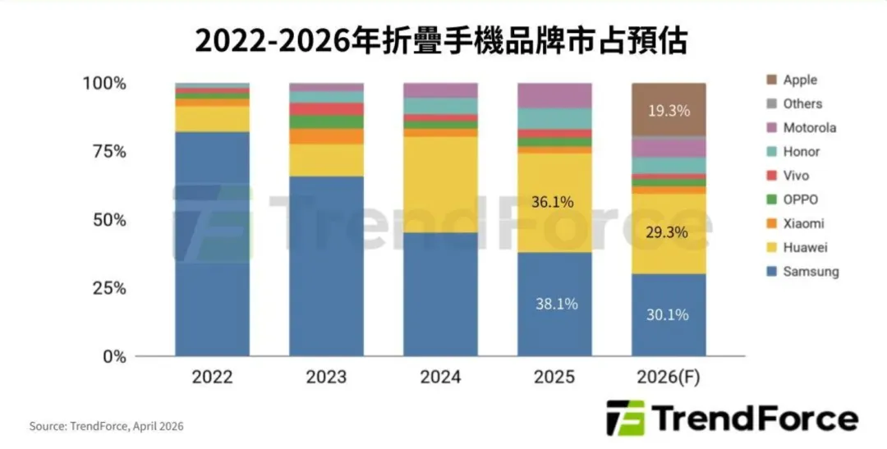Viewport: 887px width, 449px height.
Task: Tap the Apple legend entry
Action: click(x=799, y=80)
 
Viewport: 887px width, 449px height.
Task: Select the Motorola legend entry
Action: click(x=809, y=127)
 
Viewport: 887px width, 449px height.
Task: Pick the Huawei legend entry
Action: click(x=804, y=247)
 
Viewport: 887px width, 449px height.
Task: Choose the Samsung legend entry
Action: click(x=810, y=271)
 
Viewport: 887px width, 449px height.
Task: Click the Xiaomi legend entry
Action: click(x=803, y=223)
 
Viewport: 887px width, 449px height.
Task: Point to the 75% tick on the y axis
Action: click(x=103, y=152)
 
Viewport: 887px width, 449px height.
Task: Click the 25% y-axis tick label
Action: click(x=103, y=288)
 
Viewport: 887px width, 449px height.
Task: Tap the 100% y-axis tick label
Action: click(x=103, y=84)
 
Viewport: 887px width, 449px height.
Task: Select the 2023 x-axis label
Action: click(x=326, y=378)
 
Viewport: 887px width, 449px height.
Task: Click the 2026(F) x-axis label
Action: click(x=668, y=378)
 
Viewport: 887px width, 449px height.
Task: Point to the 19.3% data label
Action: click(x=668, y=110)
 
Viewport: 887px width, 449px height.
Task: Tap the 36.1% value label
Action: click(x=553, y=202)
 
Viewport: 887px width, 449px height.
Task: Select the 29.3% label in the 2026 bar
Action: click(x=668, y=232)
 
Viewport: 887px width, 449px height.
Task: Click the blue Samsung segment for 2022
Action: click(x=212, y=246)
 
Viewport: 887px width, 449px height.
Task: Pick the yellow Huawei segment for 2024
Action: click(x=440, y=185)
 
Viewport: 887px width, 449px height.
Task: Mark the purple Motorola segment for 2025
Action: click(x=554, y=95)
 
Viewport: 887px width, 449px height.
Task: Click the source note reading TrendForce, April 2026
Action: click(x=107, y=426)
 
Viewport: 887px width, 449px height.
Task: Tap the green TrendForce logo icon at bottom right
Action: click(x=625, y=418)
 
